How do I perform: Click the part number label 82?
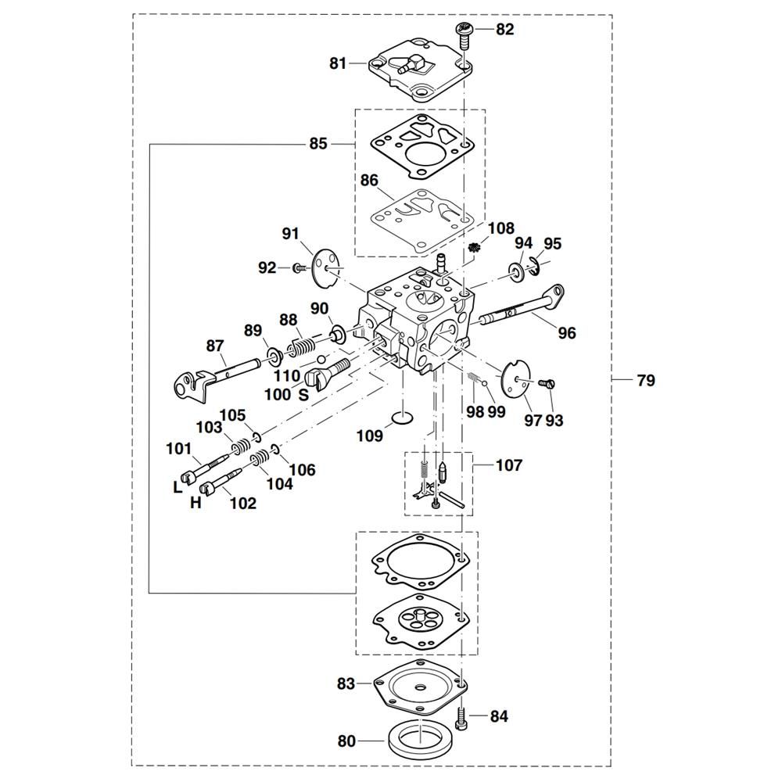click(505, 30)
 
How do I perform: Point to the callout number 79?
click(646, 381)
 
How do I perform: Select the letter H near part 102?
click(195, 504)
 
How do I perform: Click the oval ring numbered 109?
click(402, 419)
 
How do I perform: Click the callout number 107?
click(509, 465)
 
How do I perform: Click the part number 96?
click(567, 333)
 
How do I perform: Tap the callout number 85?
click(318, 144)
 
